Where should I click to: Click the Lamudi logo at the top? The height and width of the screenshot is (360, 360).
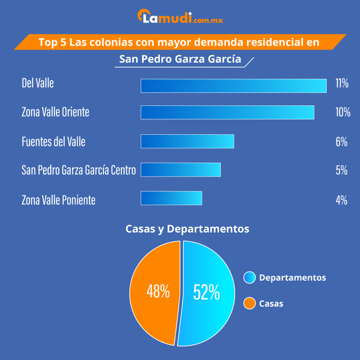pyautogui.click(x=180, y=18)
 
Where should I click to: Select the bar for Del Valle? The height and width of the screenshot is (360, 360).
pyautogui.click(x=233, y=85)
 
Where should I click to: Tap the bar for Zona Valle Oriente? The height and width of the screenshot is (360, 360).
pyautogui.click(x=227, y=112)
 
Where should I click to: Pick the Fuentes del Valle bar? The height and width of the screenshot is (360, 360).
pyautogui.click(x=187, y=141)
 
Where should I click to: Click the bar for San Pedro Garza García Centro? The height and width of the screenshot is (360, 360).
pyautogui.click(x=180, y=170)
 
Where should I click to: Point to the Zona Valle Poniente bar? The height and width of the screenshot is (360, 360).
pyautogui.click(x=171, y=198)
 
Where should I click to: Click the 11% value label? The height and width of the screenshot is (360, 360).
pyautogui.click(x=342, y=84)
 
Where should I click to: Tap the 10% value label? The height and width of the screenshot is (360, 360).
pyautogui.click(x=342, y=112)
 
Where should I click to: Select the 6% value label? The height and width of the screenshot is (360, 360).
pyautogui.click(x=342, y=142)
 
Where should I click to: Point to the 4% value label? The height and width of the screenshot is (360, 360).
pyautogui.click(x=342, y=200)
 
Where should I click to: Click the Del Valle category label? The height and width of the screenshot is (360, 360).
pyautogui.click(x=37, y=83)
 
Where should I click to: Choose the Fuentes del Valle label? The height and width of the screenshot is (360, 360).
pyautogui.click(x=53, y=142)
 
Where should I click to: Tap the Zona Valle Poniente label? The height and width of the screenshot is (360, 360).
pyautogui.click(x=58, y=200)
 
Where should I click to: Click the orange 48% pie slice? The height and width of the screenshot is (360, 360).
pyautogui.click(x=155, y=292)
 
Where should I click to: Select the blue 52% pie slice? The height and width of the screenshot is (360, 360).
pyautogui.click(x=208, y=292)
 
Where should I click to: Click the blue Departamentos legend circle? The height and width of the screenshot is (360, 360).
pyautogui.click(x=249, y=278)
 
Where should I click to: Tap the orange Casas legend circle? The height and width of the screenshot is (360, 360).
pyautogui.click(x=249, y=304)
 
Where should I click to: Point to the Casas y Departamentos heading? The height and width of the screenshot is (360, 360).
pyautogui.click(x=187, y=229)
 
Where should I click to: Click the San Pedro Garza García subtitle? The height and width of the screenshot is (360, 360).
pyautogui.click(x=180, y=59)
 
